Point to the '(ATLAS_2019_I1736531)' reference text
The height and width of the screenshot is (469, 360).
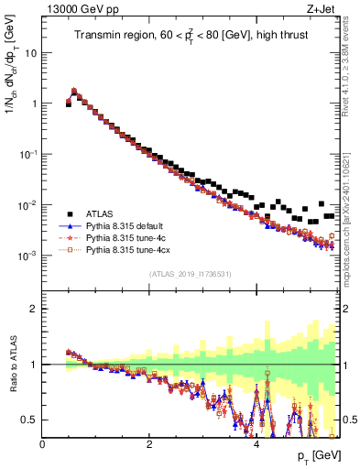pos(190,274)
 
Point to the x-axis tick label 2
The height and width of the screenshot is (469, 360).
pos(149,444)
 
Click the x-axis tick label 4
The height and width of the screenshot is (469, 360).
pos(256,444)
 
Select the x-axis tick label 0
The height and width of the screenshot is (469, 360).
pos(43,444)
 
